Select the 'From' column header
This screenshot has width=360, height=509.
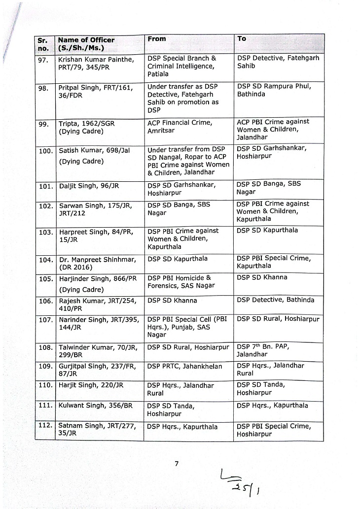[157, 39]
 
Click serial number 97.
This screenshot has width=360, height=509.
[43, 60]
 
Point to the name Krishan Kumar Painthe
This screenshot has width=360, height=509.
[96, 59]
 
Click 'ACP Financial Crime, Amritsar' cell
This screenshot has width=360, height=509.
[180, 127]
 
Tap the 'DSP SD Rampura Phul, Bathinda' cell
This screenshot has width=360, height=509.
[274, 90]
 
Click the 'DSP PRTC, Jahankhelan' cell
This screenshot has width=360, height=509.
[184, 366]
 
